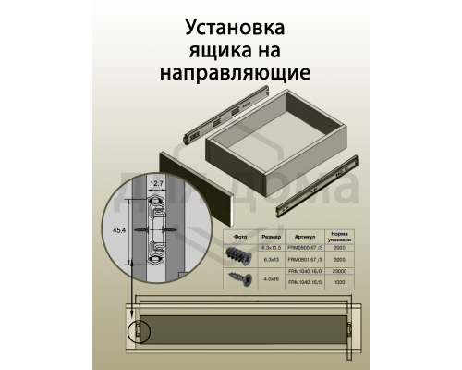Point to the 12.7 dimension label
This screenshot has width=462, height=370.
[x=157, y=183]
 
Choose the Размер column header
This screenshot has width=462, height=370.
[x=270, y=235]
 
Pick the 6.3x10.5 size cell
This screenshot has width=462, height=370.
[x=270, y=246]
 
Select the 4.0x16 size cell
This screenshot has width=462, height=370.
[x=270, y=277]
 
